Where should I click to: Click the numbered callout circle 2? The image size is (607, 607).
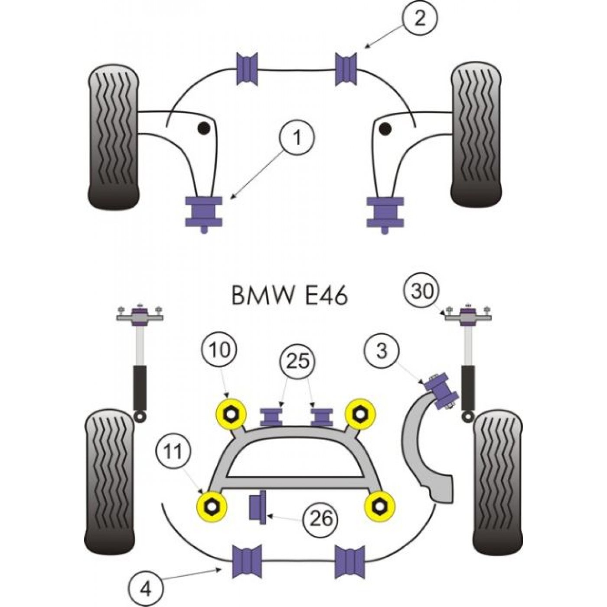pos(420,20)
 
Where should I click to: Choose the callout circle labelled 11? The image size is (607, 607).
pos(173,452)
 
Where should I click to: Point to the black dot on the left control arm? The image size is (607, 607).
pos(204,128)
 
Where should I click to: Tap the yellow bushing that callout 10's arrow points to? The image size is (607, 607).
pos(231,414)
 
